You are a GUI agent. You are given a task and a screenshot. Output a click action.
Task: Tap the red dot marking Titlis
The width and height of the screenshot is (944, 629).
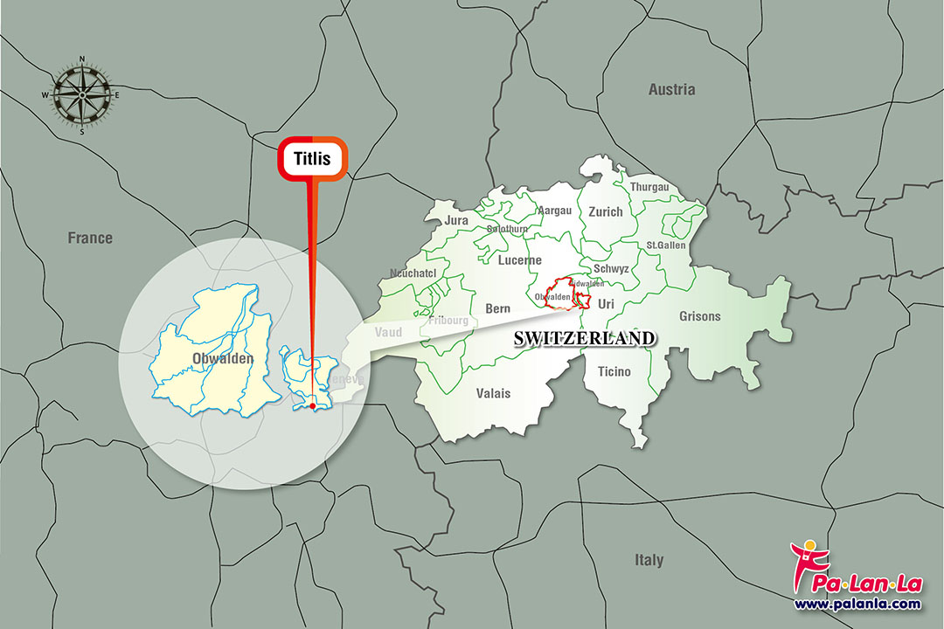(x=312, y=405)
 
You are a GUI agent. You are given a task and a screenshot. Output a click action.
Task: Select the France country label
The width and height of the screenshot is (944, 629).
(x=91, y=238)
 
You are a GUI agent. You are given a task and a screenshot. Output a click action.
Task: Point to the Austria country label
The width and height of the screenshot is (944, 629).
(x=671, y=89)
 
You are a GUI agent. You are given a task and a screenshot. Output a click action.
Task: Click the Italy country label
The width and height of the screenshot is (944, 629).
(x=649, y=560)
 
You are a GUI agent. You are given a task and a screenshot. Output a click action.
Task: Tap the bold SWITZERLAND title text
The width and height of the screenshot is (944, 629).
(x=584, y=338)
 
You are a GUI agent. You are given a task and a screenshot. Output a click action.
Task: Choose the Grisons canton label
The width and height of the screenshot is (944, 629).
(x=699, y=316)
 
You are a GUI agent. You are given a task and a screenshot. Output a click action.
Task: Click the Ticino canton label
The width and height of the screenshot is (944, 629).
(x=614, y=372)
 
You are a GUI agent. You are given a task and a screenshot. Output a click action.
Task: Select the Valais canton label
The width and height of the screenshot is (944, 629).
(x=494, y=393)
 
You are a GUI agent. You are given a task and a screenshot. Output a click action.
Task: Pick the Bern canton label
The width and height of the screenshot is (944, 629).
(x=497, y=308)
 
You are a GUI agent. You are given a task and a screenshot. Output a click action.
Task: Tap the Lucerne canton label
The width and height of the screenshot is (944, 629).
(x=520, y=260)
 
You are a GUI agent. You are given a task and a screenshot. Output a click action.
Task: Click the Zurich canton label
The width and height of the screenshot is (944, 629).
(x=606, y=211)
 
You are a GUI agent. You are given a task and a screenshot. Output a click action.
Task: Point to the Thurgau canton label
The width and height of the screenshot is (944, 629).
(x=649, y=187)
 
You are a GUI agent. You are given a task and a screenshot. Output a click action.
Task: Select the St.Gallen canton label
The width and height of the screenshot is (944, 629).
(x=666, y=245)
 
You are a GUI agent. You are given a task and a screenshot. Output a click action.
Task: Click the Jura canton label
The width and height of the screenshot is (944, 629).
(x=457, y=220)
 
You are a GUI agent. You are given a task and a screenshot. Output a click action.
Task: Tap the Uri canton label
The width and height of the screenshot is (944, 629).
(x=606, y=303)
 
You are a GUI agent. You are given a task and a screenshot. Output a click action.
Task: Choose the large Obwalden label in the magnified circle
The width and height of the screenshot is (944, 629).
(x=223, y=358)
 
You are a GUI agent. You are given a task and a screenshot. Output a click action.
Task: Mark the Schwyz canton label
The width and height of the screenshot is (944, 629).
(x=610, y=269)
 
